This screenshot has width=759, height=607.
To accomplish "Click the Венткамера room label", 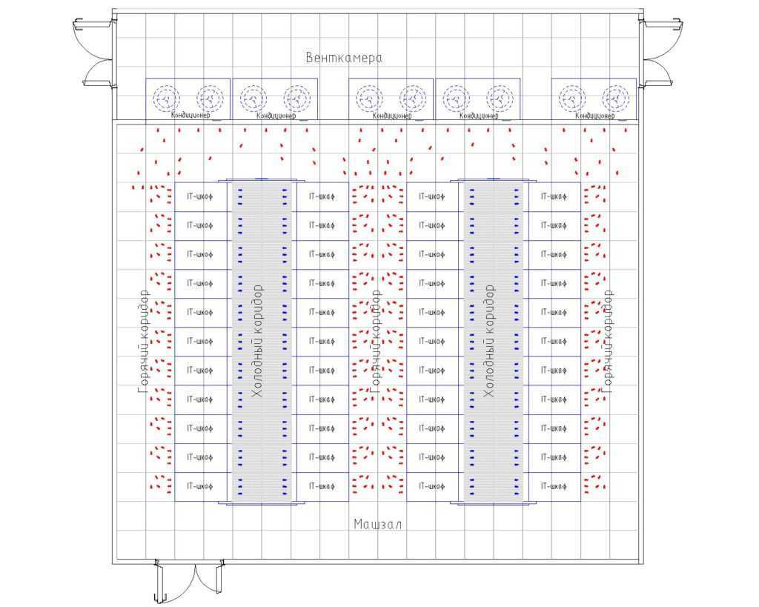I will coord(343,58).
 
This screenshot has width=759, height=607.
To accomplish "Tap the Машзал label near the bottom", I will coord(377,525).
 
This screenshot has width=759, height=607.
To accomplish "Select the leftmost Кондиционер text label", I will coord(190,116).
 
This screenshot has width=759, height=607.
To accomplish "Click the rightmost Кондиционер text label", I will coord(595,116).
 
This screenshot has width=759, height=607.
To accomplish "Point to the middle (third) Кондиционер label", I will coord(392,116).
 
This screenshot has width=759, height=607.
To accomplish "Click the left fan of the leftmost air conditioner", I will coord(167,98).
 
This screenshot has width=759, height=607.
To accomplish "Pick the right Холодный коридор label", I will coord(489,341).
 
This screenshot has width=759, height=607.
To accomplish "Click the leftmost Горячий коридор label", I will coord(145,341).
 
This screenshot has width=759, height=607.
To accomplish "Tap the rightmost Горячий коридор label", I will coord(609,341).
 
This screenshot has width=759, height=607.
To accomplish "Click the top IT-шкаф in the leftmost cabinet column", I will coord(200,196).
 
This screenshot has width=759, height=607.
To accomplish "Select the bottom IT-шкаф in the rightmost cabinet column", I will coord(554,486).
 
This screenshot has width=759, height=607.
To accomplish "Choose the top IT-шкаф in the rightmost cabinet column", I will coord(554,196).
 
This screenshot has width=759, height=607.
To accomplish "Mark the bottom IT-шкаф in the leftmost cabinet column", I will coord(200,486).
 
